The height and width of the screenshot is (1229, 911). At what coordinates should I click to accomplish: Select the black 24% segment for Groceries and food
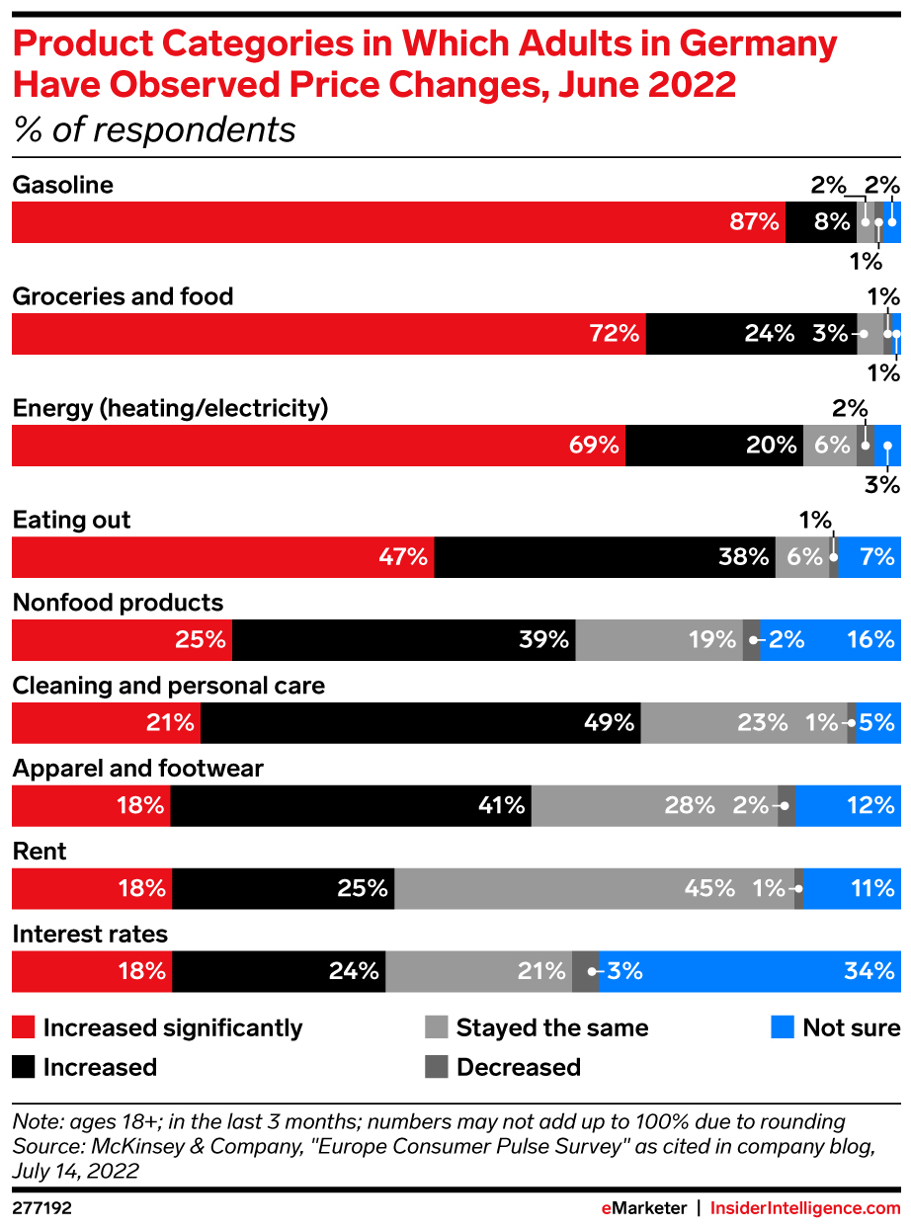pyautogui.click(x=751, y=334)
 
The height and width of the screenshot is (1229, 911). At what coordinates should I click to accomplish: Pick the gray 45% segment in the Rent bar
pyautogui.click(x=594, y=888)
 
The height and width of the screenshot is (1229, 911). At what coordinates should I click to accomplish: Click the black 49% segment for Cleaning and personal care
pyautogui.click(x=420, y=722)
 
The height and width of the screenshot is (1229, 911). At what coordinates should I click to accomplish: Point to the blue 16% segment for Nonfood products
pyautogui.click(x=830, y=640)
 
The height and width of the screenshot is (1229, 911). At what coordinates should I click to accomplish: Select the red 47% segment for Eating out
pyautogui.click(x=222, y=557)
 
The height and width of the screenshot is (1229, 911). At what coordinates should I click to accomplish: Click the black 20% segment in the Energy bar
pyautogui.click(x=713, y=446)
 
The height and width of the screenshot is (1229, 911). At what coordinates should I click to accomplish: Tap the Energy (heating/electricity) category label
pyautogui.click(x=170, y=408)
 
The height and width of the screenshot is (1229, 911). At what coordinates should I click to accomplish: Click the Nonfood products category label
pyautogui.click(x=118, y=603)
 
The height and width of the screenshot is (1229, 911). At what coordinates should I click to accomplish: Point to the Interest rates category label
pyautogui.click(x=90, y=934)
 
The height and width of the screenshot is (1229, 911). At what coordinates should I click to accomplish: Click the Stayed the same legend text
pyautogui.click(x=552, y=1027)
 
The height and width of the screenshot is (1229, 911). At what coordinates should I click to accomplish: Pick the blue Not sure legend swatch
pyautogui.click(x=783, y=1027)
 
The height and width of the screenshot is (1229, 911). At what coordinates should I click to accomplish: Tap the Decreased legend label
pyautogui.click(x=519, y=1067)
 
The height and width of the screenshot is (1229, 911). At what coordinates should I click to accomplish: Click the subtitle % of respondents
pyautogui.click(x=154, y=129)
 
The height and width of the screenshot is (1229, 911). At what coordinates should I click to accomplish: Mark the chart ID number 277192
pyautogui.click(x=41, y=1207)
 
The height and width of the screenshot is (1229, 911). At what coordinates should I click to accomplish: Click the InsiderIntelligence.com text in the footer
pyautogui.click(x=805, y=1207)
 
